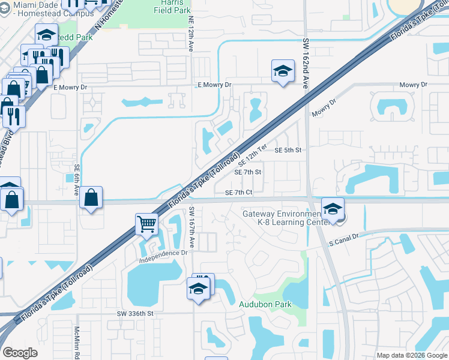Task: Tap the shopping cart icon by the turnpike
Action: [x=146, y=224]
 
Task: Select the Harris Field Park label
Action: [x=172, y=7]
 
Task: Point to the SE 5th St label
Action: [x=288, y=150]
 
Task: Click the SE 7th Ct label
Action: [x=239, y=193]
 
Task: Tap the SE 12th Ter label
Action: [x=252, y=155]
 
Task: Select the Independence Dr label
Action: [x=164, y=254]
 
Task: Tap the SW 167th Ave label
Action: [x=191, y=228]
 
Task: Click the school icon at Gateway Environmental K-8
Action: [x=333, y=209]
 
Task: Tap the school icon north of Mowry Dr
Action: [x=283, y=71]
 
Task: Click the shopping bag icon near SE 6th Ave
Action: [x=91, y=197]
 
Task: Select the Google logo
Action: [x=20, y=353]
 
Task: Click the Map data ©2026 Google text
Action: [x=411, y=355]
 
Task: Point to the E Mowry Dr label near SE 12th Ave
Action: [x=214, y=85]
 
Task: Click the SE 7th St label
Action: [x=248, y=172]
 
